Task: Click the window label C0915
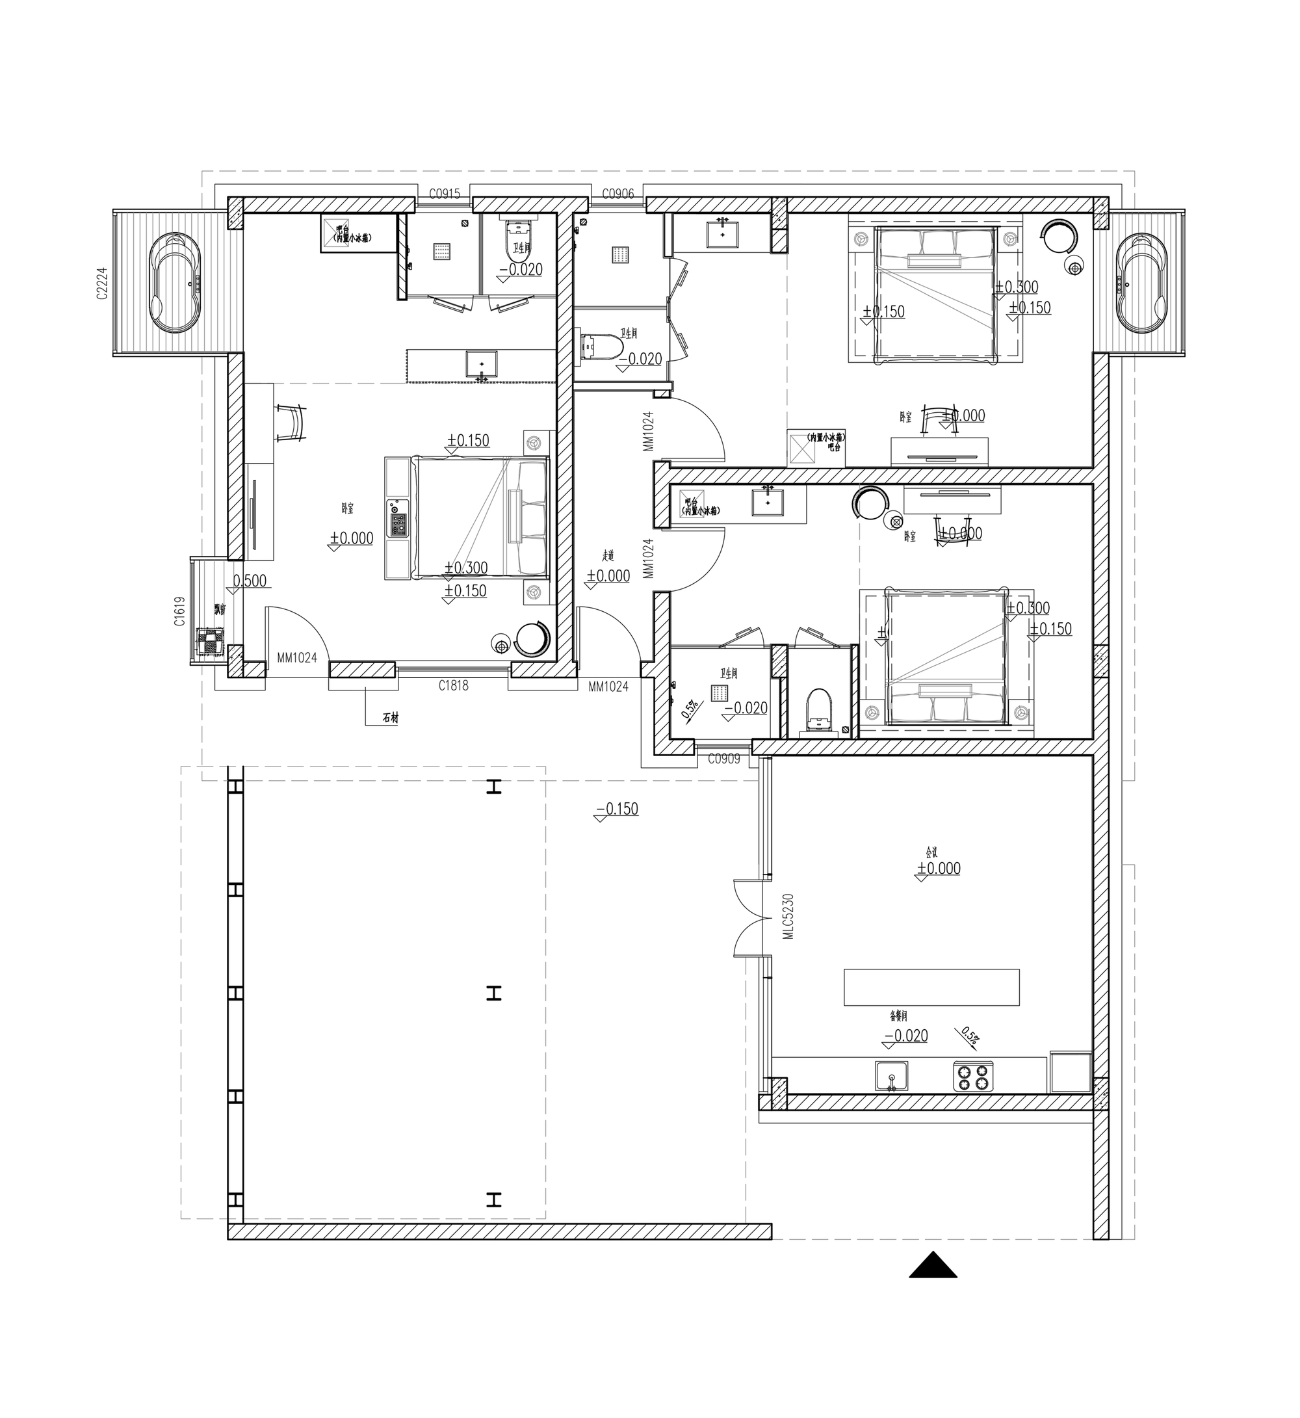coord(445,194)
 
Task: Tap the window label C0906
coord(617,194)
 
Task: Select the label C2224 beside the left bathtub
coord(102,283)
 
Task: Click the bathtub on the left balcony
coord(177,283)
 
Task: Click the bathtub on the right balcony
coord(1141,283)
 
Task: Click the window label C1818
coord(453,685)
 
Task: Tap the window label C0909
coord(724,759)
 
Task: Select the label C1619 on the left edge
coord(180,611)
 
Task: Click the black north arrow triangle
coord(933,1265)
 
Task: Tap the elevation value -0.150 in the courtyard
coord(617,809)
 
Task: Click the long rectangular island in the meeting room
coord(931,988)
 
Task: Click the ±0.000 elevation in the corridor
coord(608,576)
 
